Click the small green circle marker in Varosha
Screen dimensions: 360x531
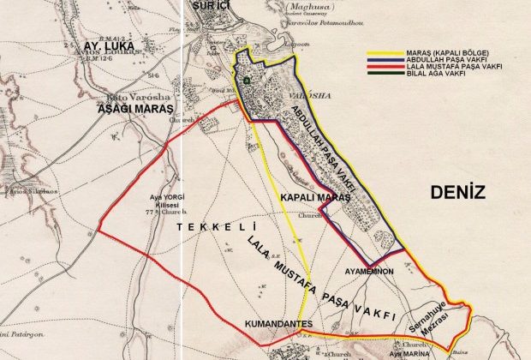[x=248, y=81]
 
